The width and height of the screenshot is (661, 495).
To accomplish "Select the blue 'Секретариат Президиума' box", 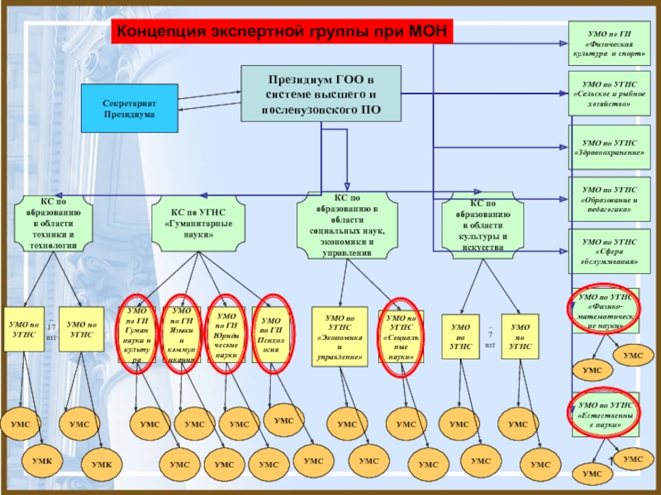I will tap(129, 108).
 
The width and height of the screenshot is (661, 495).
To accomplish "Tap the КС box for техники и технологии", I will tap(55, 224).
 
